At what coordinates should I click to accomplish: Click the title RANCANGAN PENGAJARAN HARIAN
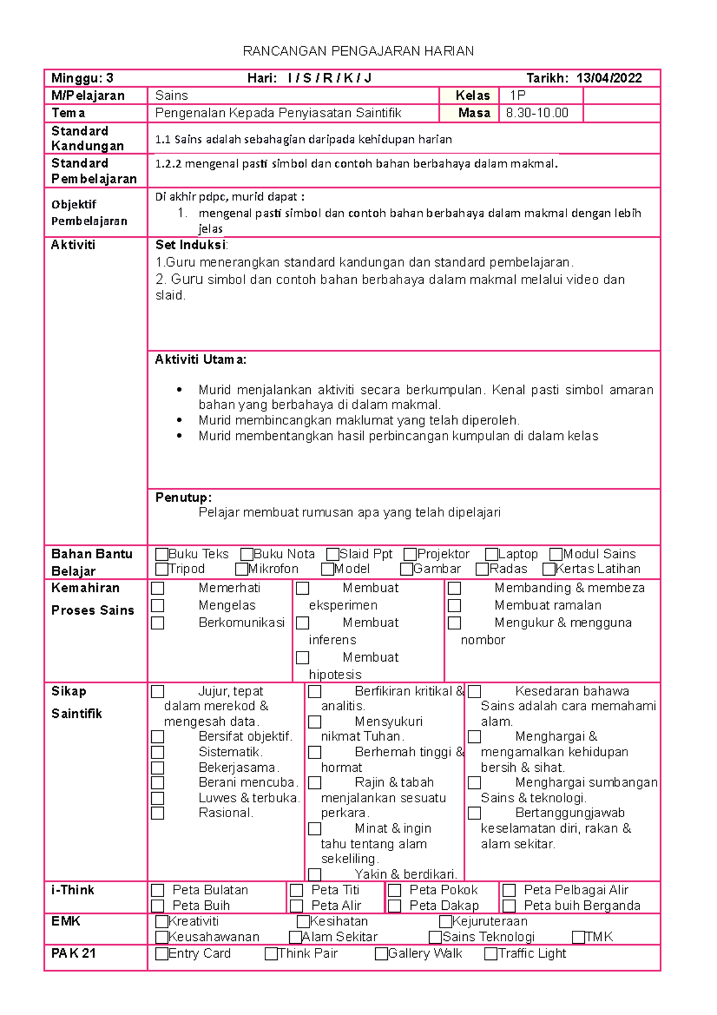pyautogui.click(x=358, y=51)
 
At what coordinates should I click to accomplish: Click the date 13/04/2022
pyautogui.click(x=609, y=78)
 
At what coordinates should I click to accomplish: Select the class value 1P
pyautogui.click(x=517, y=96)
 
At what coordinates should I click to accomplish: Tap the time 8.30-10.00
pyautogui.click(x=537, y=113)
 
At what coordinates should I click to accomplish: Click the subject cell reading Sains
pyautogui.click(x=171, y=96)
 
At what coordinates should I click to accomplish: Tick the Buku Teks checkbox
pyautogui.click(x=161, y=554)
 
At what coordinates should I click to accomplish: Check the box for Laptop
pyautogui.click(x=491, y=554)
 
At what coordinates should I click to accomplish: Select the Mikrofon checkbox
pyautogui.click(x=241, y=569)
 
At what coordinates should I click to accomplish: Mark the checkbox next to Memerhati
pyautogui.click(x=158, y=588)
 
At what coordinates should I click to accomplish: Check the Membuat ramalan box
pyautogui.click(x=455, y=606)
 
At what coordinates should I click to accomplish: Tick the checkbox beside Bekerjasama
pyautogui.click(x=158, y=768)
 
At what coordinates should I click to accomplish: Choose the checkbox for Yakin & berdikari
pyautogui.click(x=315, y=875)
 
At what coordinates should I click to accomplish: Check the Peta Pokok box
pyautogui.click(x=394, y=891)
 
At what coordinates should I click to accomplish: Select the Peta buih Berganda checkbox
pyautogui.click(x=509, y=906)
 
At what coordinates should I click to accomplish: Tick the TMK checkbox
pyautogui.click(x=578, y=937)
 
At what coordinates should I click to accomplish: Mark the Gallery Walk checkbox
pyautogui.click(x=381, y=954)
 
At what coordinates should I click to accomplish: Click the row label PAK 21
pyautogui.click(x=73, y=953)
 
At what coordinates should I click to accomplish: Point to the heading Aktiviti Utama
pyautogui.click(x=200, y=360)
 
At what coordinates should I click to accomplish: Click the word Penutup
pyautogui.click(x=183, y=497)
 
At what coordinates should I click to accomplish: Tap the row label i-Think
pyautogui.click(x=73, y=890)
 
